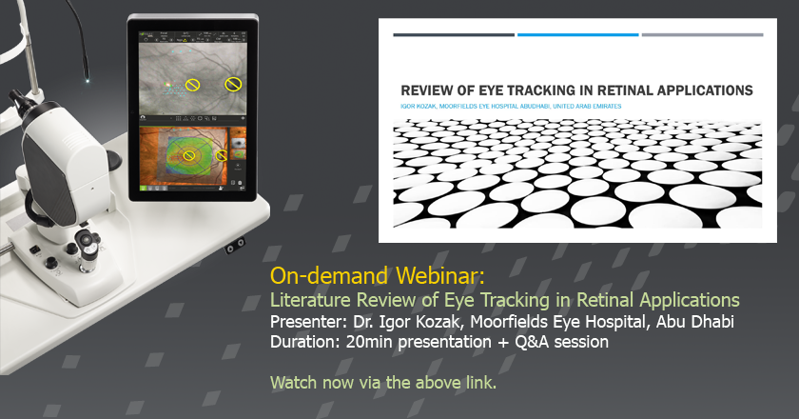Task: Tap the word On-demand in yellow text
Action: [x=330, y=276]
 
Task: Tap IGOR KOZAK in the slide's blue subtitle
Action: [x=419, y=106]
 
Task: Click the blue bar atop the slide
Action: [x=578, y=34]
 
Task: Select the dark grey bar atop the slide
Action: [x=454, y=34]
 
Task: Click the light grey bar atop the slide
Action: [x=702, y=34]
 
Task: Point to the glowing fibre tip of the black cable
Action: [x=88, y=81]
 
